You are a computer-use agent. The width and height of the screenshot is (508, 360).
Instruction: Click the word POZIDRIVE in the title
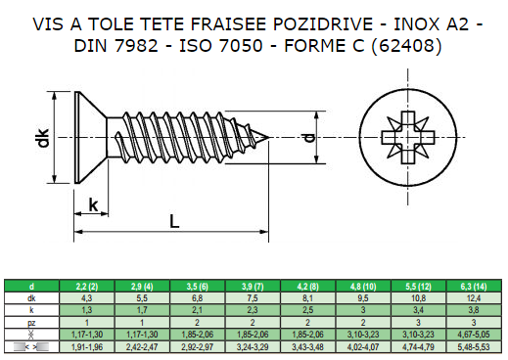(x=323, y=24)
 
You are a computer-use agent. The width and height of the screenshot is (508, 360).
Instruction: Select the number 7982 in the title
(x=136, y=46)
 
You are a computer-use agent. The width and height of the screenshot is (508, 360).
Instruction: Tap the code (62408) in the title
(x=406, y=46)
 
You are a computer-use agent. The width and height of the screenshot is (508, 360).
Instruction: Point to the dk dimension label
(x=42, y=138)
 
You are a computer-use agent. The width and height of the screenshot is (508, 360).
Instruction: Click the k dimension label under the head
(x=93, y=205)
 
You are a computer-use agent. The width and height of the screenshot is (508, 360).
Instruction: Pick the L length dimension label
(x=174, y=221)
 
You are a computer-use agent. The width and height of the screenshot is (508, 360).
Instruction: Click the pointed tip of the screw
(x=269, y=137)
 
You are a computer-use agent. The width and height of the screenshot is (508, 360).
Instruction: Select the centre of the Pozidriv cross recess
(x=408, y=137)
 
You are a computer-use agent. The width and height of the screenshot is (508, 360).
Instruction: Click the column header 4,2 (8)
(x=307, y=287)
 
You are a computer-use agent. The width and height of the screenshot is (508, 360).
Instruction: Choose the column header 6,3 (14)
(x=474, y=287)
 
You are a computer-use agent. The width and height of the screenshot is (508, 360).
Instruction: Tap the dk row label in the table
(x=31, y=298)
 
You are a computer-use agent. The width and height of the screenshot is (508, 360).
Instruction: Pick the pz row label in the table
(x=31, y=323)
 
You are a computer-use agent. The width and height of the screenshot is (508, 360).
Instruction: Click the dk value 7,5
(x=253, y=298)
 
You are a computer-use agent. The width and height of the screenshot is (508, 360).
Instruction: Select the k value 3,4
(x=418, y=310)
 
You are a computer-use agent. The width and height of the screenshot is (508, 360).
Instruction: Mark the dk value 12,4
(x=474, y=298)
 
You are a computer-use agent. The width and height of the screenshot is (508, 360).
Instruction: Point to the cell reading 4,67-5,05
(x=474, y=335)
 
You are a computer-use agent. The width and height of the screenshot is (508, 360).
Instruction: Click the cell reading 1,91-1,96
(x=87, y=347)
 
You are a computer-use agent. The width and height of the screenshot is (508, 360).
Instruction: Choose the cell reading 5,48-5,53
(x=474, y=347)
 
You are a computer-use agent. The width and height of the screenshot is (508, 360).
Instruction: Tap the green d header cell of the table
(x=31, y=286)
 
